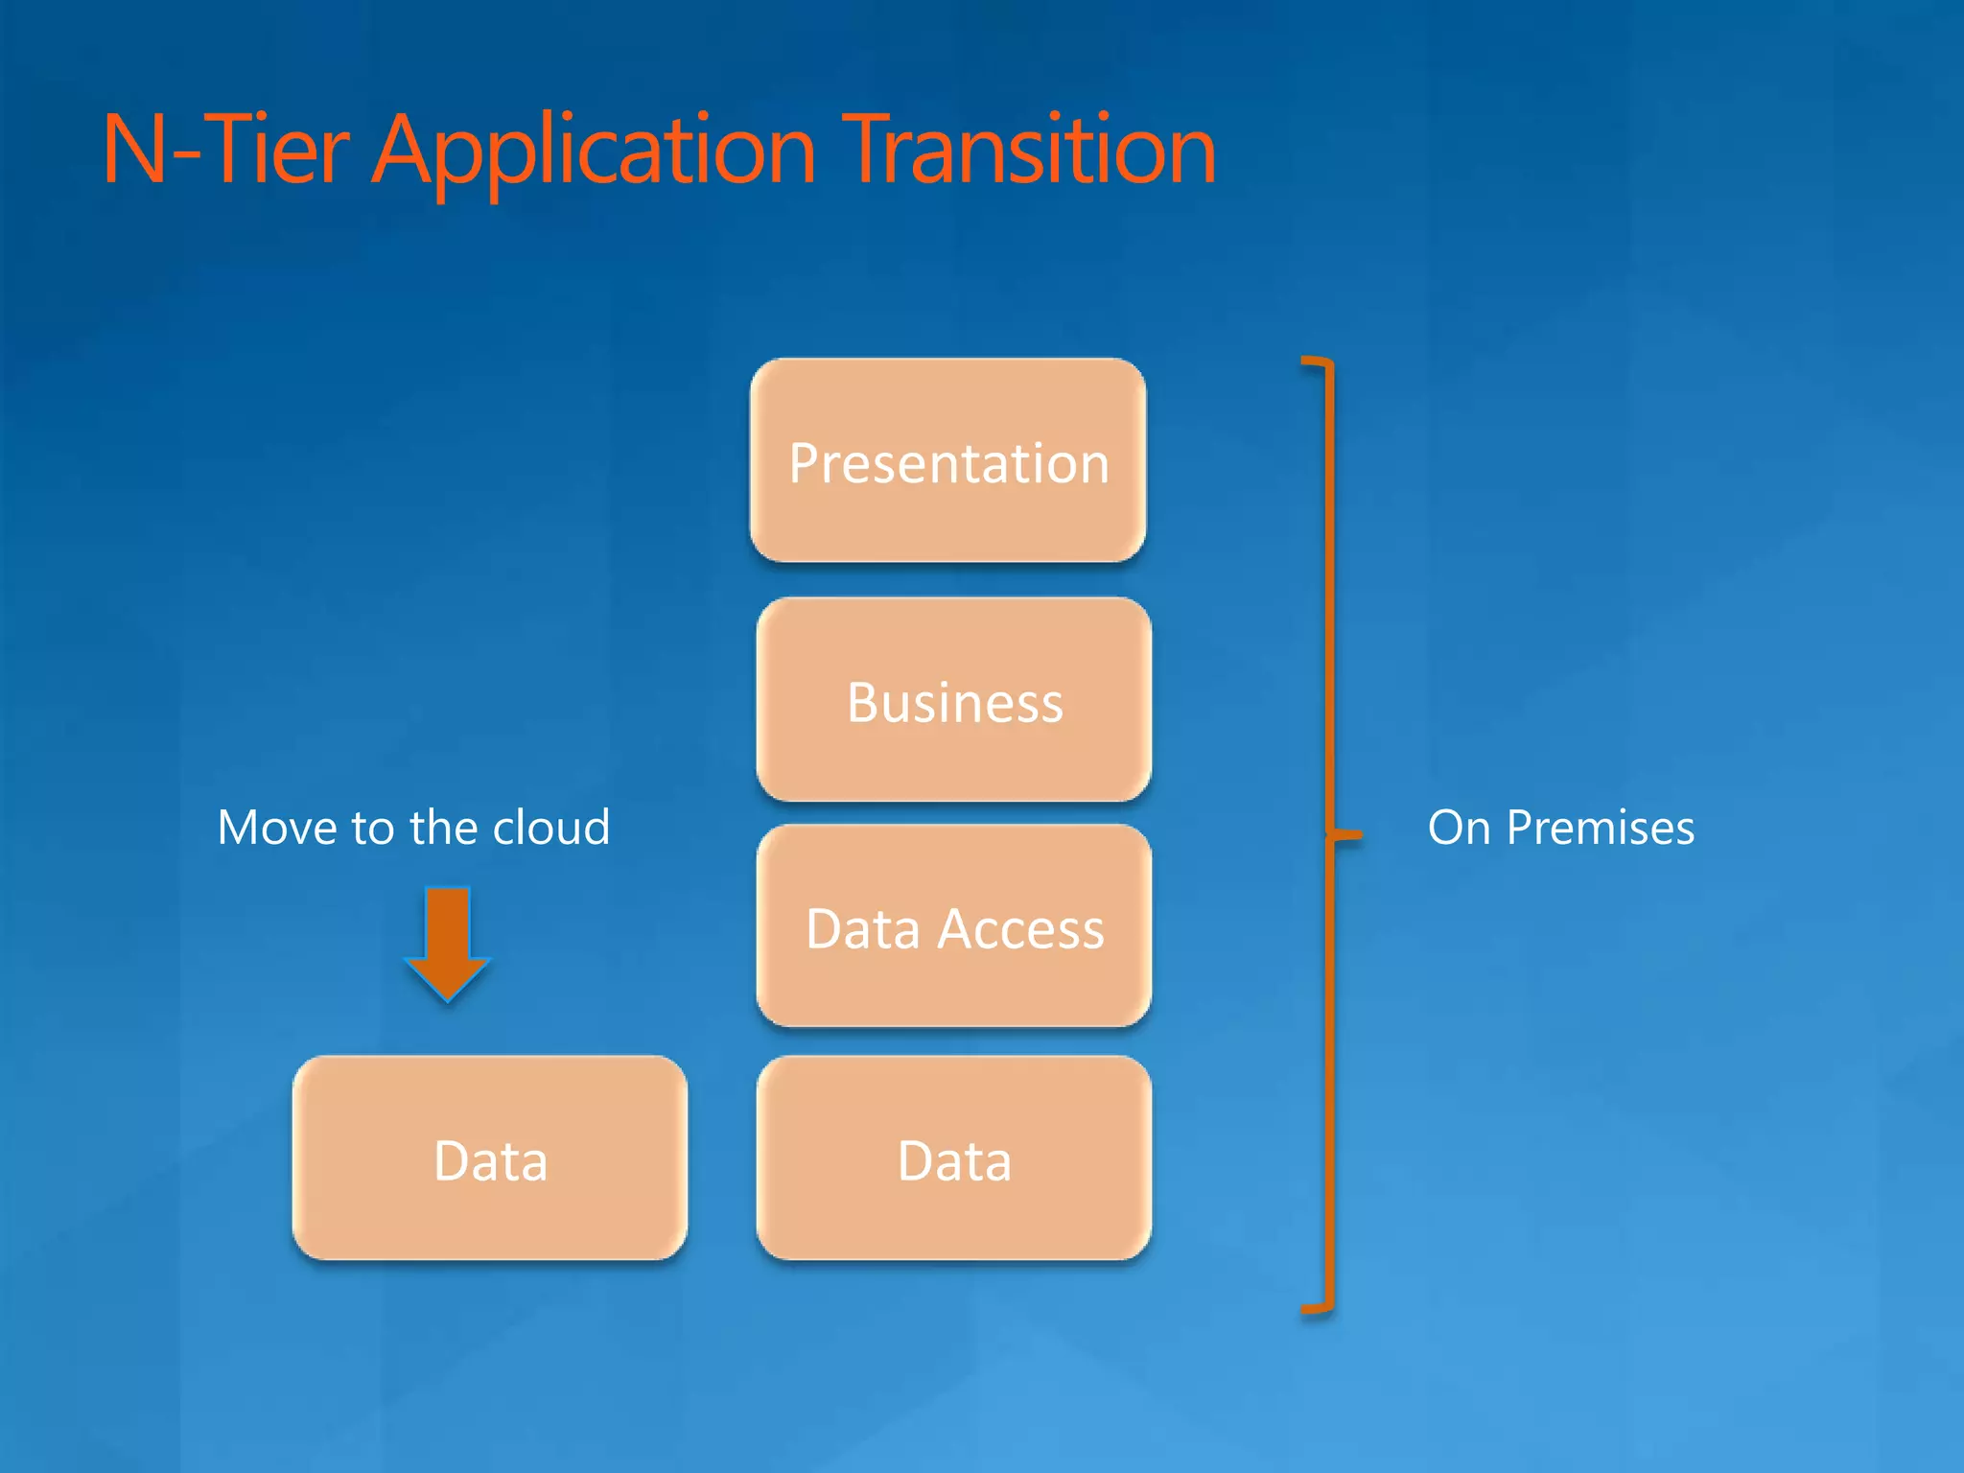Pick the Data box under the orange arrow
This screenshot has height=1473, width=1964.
[x=490, y=1157]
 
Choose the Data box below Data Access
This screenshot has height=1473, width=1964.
[x=954, y=1157]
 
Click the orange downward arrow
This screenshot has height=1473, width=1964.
[x=448, y=945]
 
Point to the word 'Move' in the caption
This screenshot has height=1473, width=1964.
[x=279, y=828]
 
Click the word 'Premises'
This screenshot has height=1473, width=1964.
[x=1600, y=828]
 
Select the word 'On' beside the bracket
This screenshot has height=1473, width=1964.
[x=1459, y=828]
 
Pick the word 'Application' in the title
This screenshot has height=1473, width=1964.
[x=594, y=152]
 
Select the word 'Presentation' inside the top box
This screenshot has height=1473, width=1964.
[x=948, y=464]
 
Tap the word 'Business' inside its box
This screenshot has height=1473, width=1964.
[x=955, y=703]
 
